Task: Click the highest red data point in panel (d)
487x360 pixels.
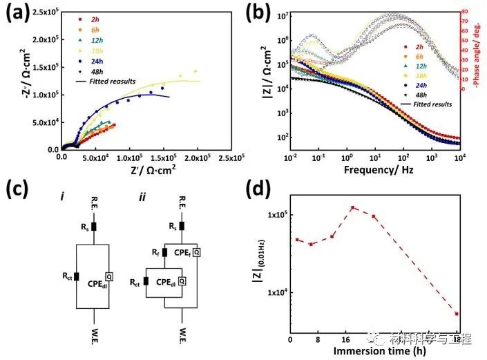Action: tap(352, 207)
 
